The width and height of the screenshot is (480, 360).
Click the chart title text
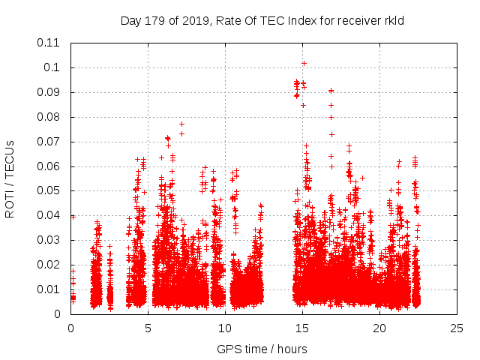pyautogui.click(x=262, y=21)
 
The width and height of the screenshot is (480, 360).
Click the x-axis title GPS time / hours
pyautogui.click(x=262, y=349)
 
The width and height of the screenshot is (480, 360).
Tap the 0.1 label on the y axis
pyautogui.click(x=52, y=67)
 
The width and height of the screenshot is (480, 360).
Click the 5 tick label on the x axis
pyautogui.click(x=148, y=328)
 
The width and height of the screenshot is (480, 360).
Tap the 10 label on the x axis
pyautogui.click(x=225, y=328)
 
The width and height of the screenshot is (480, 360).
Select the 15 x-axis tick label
pyautogui.click(x=302, y=328)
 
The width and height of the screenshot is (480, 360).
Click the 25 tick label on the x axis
pyautogui.click(x=457, y=328)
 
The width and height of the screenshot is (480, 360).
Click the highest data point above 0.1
pyautogui.click(x=304, y=63)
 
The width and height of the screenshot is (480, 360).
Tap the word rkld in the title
pyautogui.click(x=393, y=21)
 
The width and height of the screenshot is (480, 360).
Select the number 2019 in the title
pyautogui.click(x=193, y=21)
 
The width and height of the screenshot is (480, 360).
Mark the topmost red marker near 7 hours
pyautogui.click(x=181, y=124)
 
